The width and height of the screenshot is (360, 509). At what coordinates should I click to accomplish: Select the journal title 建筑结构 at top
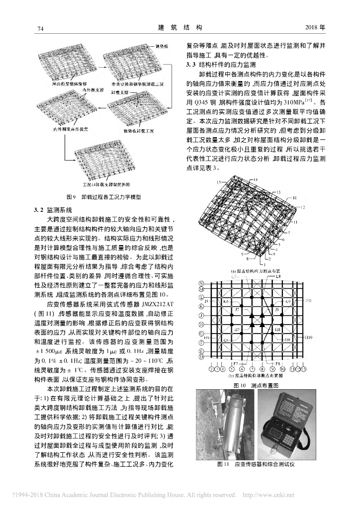(180, 27)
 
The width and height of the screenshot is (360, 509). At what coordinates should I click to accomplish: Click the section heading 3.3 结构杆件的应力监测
(220, 65)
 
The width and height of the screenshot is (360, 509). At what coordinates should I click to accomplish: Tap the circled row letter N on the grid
(202, 283)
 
